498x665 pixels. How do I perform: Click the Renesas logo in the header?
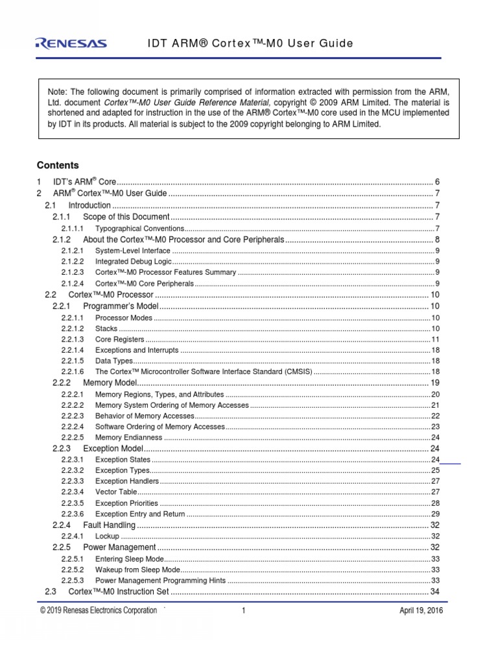click(x=71, y=44)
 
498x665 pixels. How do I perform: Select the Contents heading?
click(x=58, y=166)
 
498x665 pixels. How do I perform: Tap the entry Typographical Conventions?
click(x=139, y=229)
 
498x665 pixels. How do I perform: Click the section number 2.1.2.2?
click(x=73, y=262)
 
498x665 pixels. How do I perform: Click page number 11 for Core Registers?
click(x=436, y=340)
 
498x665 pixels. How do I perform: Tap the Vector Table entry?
click(x=115, y=492)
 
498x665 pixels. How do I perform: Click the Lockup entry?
click(x=107, y=536)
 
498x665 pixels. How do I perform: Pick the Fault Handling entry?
click(x=109, y=525)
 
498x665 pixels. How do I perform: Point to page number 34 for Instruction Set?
click(x=435, y=592)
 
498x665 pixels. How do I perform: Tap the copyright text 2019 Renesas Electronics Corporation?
click(x=99, y=610)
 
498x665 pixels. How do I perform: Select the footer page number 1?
click(x=244, y=610)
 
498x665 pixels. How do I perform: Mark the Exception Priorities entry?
click(x=126, y=503)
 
